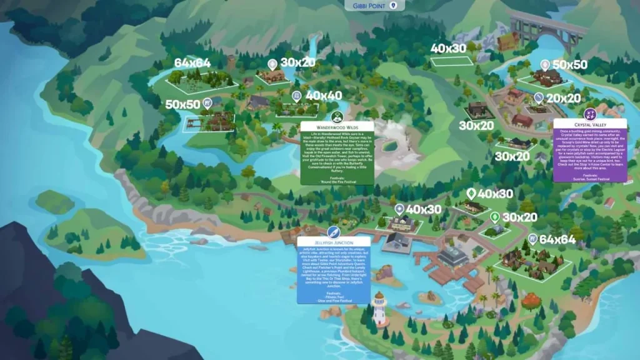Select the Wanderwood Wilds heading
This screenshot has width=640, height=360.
(x=337, y=127)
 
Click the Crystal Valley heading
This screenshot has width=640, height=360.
(x=589, y=124)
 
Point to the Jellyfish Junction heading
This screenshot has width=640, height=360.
(x=334, y=242)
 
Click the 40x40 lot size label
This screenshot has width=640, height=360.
(x=324, y=96)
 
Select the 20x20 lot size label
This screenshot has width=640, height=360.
(x=564, y=98)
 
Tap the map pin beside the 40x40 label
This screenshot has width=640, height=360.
(x=297, y=96)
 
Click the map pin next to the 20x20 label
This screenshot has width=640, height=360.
(x=539, y=98)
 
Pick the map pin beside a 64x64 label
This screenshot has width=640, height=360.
(x=532, y=238)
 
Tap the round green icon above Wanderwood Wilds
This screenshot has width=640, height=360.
(x=337, y=116)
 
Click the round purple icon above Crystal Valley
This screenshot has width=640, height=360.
(x=589, y=114)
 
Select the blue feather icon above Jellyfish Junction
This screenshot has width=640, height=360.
(x=334, y=231)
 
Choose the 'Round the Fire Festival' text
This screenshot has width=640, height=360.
(x=337, y=181)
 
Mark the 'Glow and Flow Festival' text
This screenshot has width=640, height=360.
(x=334, y=301)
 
